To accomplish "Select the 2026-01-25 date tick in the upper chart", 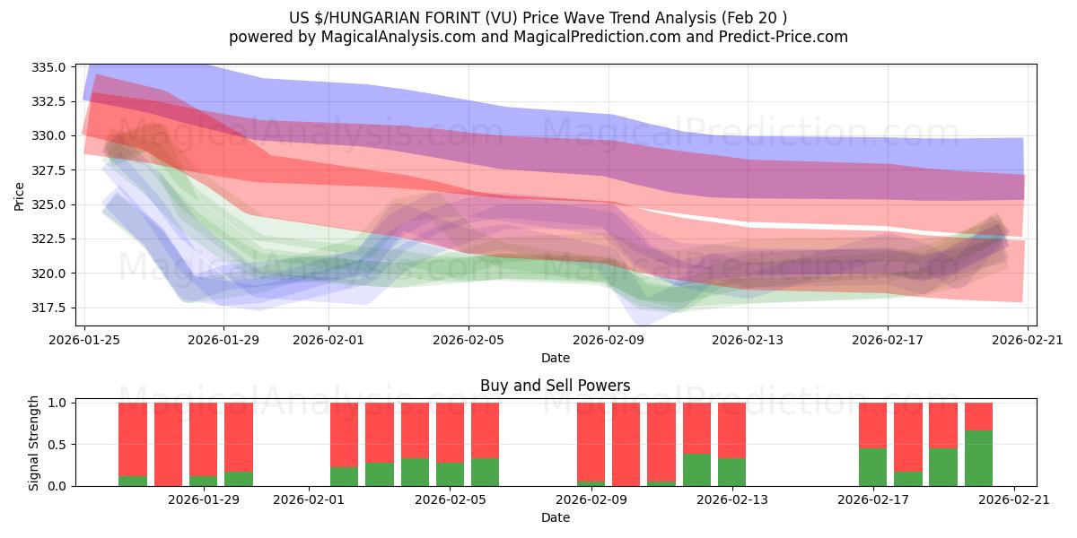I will (85, 340).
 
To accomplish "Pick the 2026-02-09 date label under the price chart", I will (609, 340).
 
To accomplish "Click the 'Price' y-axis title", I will (20, 195).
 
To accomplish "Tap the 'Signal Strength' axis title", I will (34, 444).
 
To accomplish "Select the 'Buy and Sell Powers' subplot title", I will (555, 386).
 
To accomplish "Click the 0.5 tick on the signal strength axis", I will (57, 445).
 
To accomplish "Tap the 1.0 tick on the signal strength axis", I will (57, 403).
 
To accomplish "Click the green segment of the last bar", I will (978, 458).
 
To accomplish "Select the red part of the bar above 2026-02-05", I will (485, 430).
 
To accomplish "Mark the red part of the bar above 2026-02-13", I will (731, 430).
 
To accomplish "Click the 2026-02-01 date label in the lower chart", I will (310, 499).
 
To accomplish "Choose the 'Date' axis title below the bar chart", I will (555, 517).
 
